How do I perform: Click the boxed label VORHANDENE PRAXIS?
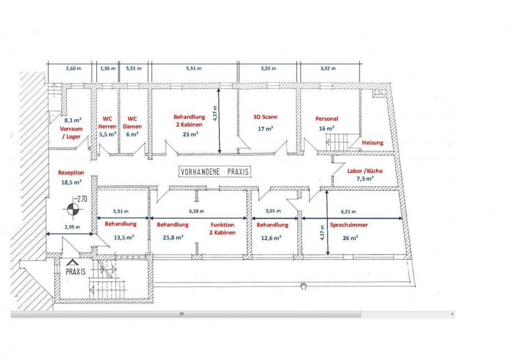point(215,171)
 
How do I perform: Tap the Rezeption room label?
point(71,173)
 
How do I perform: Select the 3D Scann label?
point(265,117)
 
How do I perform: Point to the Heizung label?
point(373,142)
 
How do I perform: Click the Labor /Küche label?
point(365,171)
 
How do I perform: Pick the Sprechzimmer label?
point(349,225)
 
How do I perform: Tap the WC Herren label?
point(107,123)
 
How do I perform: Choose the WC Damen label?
point(132,123)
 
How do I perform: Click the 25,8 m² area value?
point(173,237)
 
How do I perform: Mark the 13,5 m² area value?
point(124,237)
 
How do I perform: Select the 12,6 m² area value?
point(271,238)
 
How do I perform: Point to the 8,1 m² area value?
point(72,120)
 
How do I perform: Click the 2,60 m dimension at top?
point(74,69)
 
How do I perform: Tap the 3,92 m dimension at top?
point(328,69)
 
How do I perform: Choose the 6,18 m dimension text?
point(196,211)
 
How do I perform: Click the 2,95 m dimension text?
point(72,227)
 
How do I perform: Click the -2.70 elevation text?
point(81,199)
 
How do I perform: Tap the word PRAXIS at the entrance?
point(76,272)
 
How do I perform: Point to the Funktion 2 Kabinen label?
point(222,228)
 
